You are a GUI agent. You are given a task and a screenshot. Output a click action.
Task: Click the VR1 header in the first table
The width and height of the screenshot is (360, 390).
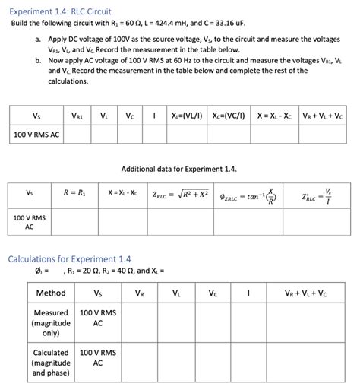pos(77,116)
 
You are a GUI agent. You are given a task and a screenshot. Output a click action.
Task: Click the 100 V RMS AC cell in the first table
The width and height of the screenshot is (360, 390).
pos(36,135)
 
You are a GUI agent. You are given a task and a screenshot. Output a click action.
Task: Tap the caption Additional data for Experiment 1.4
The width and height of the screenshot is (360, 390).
pos(179,167)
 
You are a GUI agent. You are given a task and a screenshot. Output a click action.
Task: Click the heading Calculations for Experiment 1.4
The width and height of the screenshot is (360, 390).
pos(70,258)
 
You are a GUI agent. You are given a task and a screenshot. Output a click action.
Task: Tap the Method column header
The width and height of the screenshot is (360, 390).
pos(51,293)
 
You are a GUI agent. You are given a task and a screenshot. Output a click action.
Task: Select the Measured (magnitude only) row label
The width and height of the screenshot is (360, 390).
pos(52,322)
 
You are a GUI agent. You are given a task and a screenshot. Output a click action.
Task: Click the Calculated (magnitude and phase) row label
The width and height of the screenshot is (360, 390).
pos(52,363)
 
